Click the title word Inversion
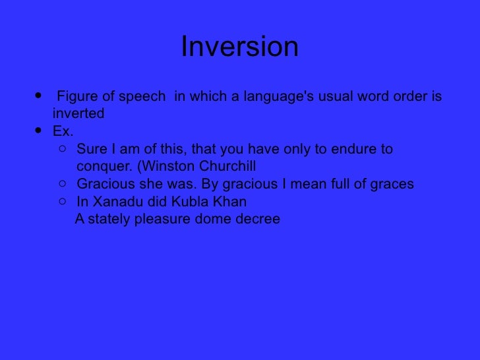click(x=239, y=47)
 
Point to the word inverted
click(x=78, y=113)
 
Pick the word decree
click(x=257, y=219)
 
